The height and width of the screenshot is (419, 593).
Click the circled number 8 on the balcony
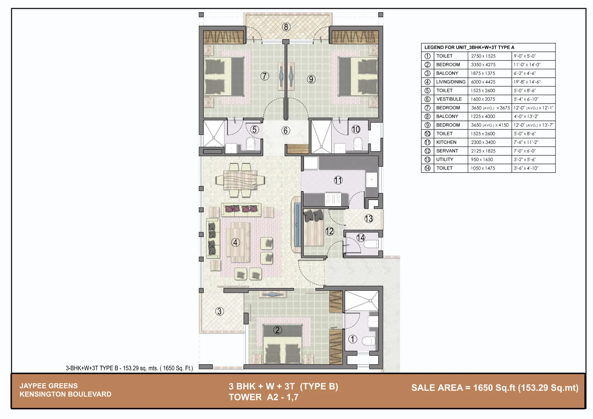tap(286, 27)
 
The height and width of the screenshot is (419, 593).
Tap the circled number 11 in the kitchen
tap(338, 180)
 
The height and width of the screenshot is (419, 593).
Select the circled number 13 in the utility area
tap(369, 219)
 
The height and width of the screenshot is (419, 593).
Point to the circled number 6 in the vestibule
tap(286, 131)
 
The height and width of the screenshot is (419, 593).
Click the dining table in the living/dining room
tap(240, 180)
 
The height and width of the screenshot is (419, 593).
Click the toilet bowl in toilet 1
tap(369, 341)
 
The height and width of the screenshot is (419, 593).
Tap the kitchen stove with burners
tap(333, 199)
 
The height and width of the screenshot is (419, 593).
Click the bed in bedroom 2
tap(283, 345)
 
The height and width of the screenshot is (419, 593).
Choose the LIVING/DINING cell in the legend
tap(451, 82)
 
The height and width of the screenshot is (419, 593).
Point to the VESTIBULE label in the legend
tap(449, 99)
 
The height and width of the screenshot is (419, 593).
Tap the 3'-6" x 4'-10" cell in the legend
tap(526, 168)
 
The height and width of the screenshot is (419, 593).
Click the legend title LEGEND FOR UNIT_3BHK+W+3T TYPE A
tap(469, 47)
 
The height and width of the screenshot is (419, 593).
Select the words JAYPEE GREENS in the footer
tap(49, 386)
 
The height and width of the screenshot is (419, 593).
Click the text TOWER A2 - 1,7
tap(264, 397)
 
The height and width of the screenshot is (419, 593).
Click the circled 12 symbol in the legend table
tap(427, 151)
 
